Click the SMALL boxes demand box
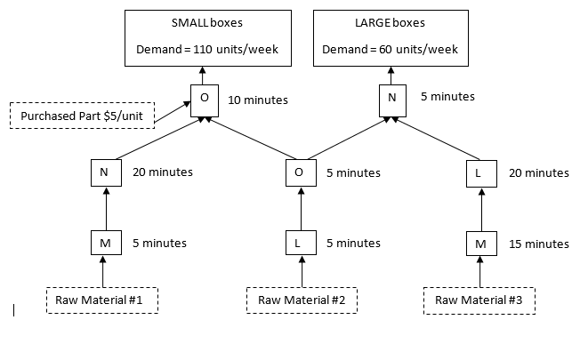[x=207, y=38]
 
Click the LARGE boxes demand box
[x=391, y=38]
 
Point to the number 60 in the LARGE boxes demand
[x=387, y=50]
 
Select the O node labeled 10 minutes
[x=205, y=99]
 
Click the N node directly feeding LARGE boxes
[x=391, y=99]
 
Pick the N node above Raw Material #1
[x=105, y=172]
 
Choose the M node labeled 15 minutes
[x=480, y=243]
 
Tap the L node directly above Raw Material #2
[x=300, y=243]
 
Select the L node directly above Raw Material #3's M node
[x=480, y=172]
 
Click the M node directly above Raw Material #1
[x=105, y=243]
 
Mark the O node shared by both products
[x=300, y=172]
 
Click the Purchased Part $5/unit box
[x=81, y=116]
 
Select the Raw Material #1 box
[x=102, y=300]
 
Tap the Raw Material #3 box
[x=479, y=300]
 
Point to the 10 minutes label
[x=258, y=100]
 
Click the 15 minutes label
[x=539, y=244]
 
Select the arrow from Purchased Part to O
[x=173, y=108]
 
